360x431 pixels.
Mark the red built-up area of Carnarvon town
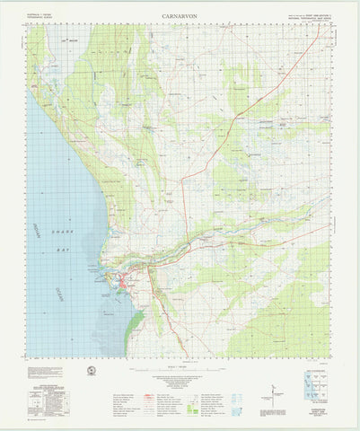pyautogui.click(x=125, y=285)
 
